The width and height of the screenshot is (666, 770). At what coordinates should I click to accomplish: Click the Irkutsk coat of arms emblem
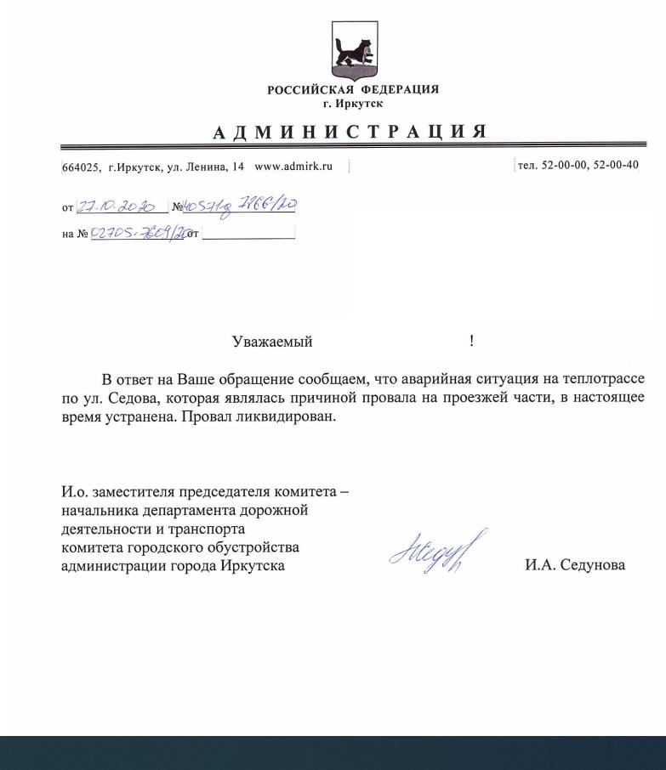(x=353, y=50)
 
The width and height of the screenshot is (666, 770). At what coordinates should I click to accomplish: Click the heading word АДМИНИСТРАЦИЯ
(x=350, y=132)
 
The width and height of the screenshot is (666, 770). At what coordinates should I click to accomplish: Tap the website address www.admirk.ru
(x=293, y=166)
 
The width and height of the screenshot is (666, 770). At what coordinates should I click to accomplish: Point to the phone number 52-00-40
(x=615, y=165)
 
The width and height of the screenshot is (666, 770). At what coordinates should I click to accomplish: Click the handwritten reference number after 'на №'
(x=137, y=233)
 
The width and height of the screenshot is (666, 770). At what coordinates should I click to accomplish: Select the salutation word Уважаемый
(x=272, y=342)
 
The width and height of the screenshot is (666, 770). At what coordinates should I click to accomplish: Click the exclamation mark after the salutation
(x=471, y=342)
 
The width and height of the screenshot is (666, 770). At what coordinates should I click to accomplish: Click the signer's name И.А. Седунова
(x=575, y=564)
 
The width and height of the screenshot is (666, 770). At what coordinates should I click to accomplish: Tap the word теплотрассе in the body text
(x=602, y=379)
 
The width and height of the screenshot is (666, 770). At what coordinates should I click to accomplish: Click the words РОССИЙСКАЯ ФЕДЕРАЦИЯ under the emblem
(x=353, y=90)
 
